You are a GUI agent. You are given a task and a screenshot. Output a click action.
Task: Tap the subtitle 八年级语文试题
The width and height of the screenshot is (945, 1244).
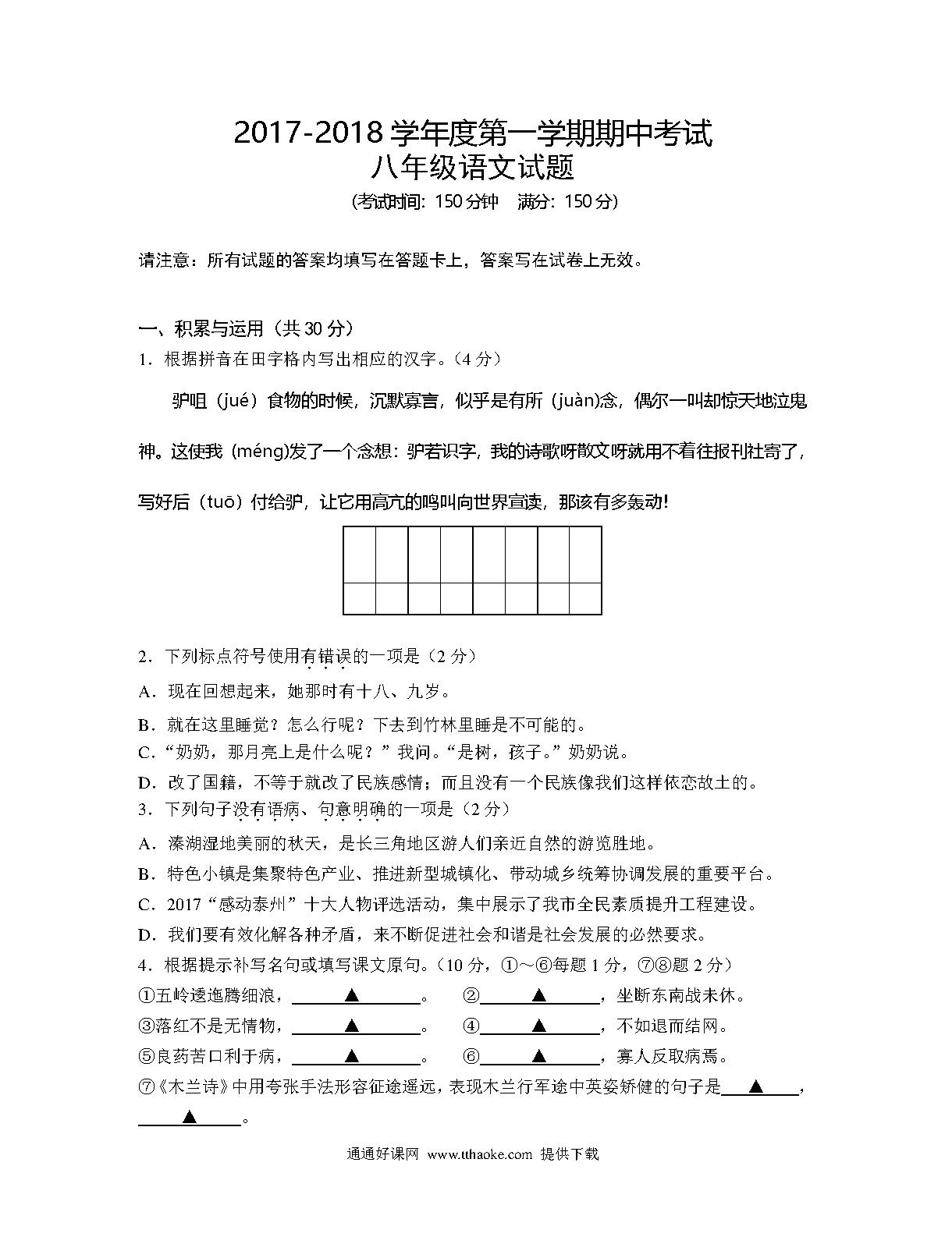click(472, 168)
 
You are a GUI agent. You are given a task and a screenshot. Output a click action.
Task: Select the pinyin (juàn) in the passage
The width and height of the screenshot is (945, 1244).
click(575, 402)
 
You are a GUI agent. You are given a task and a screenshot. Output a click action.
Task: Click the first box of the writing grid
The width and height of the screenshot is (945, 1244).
click(360, 555)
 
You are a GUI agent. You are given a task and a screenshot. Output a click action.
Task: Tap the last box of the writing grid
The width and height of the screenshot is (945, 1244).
click(585, 555)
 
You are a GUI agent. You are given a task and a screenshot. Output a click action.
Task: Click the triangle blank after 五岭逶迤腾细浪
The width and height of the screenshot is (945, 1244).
click(352, 995)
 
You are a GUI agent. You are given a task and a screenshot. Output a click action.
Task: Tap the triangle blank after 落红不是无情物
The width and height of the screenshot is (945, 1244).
click(352, 1026)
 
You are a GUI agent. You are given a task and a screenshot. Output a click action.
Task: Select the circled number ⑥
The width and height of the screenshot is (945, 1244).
click(471, 1057)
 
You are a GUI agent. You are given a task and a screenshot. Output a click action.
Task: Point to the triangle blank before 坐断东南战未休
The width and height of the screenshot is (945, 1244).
click(538, 995)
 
